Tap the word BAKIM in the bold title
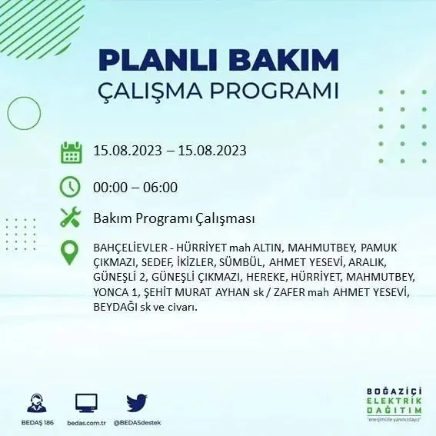pyautogui.click(x=288, y=61)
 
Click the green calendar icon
pyautogui.click(x=71, y=151)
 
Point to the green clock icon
pyautogui.click(x=71, y=187)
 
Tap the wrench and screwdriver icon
pyautogui.click(x=71, y=218)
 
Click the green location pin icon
pyautogui.click(x=71, y=251)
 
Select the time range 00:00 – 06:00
pyautogui.click(x=135, y=187)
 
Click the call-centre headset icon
pyautogui.click(x=35, y=402)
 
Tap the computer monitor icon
pyautogui.click(x=86, y=402)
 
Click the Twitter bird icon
pyautogui.click(x=136, y=402)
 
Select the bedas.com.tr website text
pyautogui.click(x=86, y=423)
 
